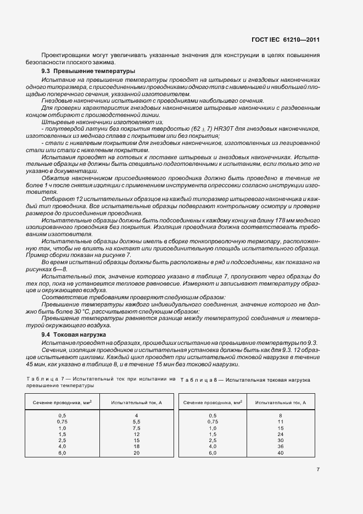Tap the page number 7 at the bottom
tap(318, 470)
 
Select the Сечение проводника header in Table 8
tap(213, 403)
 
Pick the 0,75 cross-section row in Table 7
tap(62, 422)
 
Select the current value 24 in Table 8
tap(280, 434)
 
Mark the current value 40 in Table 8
tap(280, 453)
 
